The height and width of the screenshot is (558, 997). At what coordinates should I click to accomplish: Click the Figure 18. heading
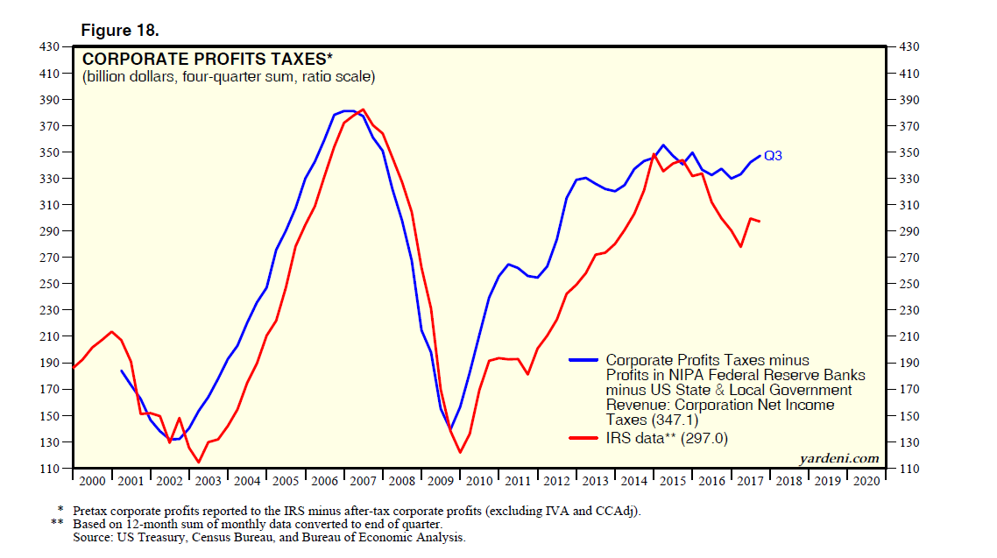click(120, 31)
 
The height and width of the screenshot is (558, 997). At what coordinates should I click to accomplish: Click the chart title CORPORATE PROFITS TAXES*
click(207, 60)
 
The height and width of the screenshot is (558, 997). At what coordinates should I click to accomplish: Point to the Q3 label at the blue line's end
click(773, 156)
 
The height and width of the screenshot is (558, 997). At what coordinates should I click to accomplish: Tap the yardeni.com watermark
click(838, 458)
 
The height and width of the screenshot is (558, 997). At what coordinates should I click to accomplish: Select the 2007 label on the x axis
click(362, 481)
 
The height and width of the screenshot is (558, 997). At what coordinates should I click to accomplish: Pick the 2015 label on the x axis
click(672, 481)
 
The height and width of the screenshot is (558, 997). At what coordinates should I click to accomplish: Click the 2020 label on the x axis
click(866, 481)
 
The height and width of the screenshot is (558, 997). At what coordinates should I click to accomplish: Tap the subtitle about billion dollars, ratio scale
click(229, 77)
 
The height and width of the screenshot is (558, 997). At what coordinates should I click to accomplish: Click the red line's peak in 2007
click(363, 109)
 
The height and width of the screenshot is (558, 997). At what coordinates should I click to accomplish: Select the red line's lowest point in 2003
click(199, 462)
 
